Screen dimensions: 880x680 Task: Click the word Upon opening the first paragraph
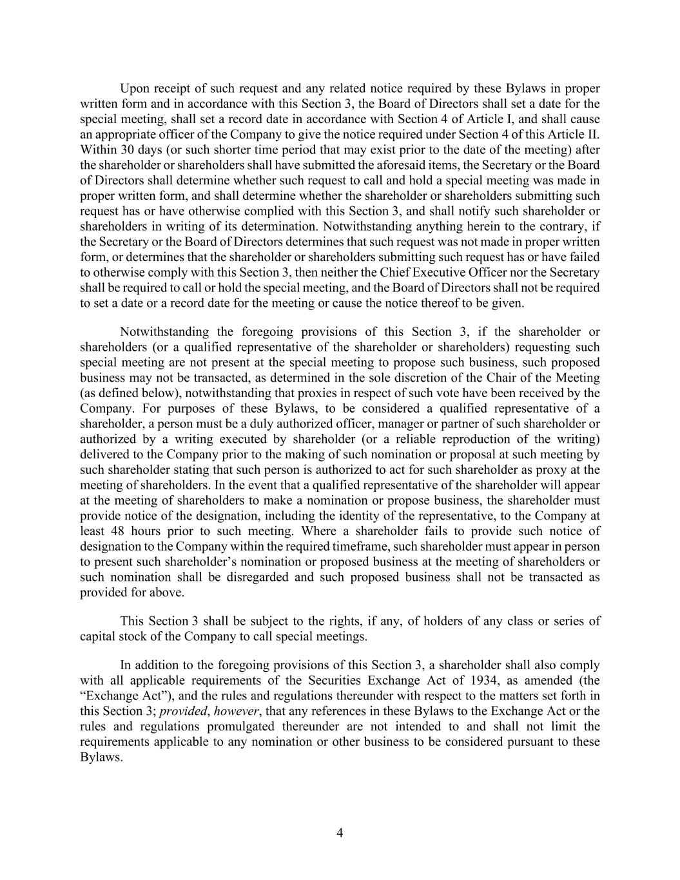[133, 88]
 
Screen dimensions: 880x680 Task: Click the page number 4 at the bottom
[340, 833]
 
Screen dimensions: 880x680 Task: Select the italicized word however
[235, 711]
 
